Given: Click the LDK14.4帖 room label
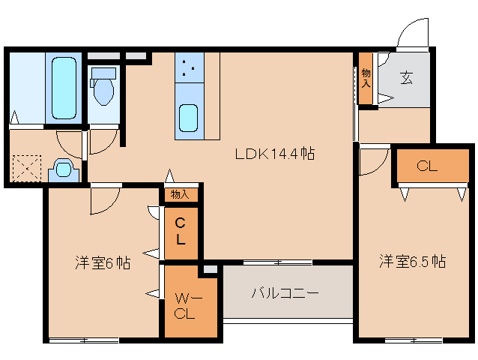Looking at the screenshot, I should point(274,154).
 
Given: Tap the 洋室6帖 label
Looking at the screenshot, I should point(103,262).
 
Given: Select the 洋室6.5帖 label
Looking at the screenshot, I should point(412,262).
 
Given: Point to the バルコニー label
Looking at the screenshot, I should point(285,292).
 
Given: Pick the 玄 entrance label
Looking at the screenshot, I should point(406,76).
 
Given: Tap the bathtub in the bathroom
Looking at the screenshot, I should point(64,88).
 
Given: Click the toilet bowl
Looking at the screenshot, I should point(103,92).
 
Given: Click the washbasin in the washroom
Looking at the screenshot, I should point(63,170).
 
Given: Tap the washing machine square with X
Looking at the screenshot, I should point(26,166).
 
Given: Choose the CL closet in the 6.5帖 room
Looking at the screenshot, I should point(427,166).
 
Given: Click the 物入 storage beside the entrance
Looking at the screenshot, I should point(366,78).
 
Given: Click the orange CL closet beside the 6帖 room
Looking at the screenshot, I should point(181,231).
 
